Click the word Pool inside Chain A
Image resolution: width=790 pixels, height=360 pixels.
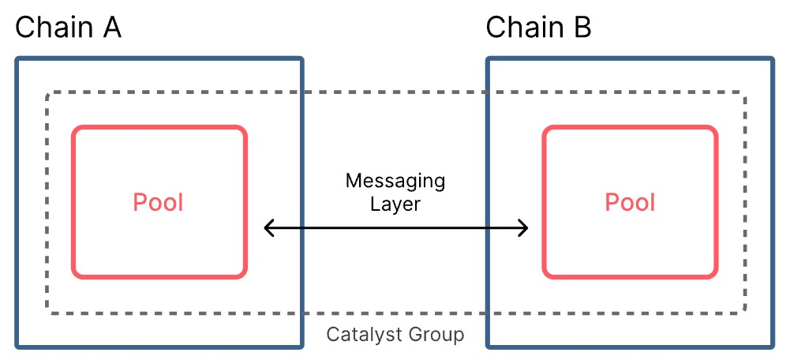[x=159, y=202]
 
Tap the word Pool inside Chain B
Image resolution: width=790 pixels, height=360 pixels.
[x=630, y=202]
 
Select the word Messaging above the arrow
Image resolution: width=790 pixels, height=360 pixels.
[x=395, y=181]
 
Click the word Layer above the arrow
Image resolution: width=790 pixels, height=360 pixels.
[x=395, y=204]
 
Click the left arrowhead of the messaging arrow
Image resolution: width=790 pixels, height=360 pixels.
[x=267, y=229]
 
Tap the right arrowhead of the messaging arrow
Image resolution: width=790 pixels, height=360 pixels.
[x=524, y=229]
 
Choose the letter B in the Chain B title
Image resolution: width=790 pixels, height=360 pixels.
[x=582, y=28]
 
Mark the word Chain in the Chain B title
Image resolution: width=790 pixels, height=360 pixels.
[x=522, y=28]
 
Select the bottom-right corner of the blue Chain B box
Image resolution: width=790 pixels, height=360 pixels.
[x=772, y=345]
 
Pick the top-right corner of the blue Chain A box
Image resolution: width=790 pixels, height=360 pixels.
[x=301, y=59]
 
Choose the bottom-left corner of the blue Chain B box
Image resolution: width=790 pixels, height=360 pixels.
[x=488, y=345]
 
